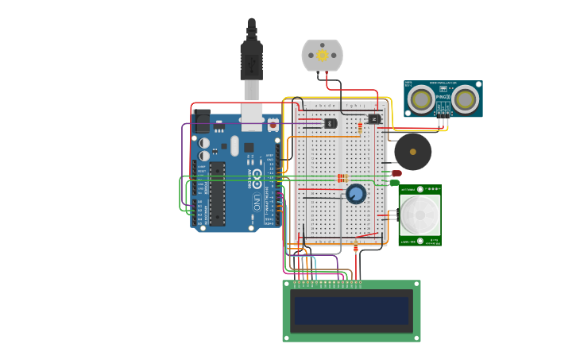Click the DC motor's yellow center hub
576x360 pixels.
point(322,55)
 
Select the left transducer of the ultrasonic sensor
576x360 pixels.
point(420,99)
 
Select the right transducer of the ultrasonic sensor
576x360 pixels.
point(465,99)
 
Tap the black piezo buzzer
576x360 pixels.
point(412,151)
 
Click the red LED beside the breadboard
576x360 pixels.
point(396,173)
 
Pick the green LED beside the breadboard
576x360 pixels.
point(395,183)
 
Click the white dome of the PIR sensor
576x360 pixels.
point(419,215)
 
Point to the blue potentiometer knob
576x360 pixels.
point(356,194)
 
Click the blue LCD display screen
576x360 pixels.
point(352,311)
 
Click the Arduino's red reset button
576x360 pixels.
point(273,124)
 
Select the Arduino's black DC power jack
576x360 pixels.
point(202,122)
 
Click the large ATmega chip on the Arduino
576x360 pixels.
point(217,193)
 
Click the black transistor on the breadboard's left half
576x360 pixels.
point(329,123)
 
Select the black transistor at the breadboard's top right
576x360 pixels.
point(374,118)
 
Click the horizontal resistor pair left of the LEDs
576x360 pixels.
point(342,177)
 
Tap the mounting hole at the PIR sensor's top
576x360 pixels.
point(419,189)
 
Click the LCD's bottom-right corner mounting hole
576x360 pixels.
point(416,338)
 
